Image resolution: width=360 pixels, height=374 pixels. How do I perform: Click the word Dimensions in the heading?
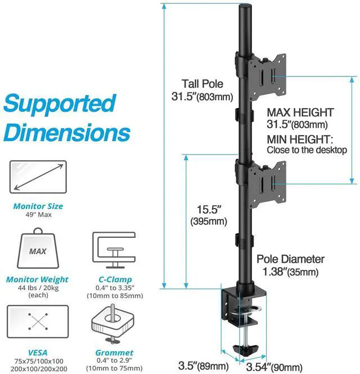pyautogui.click(x=67, y=134)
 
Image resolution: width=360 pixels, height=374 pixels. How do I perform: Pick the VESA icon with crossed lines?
pyautogui.click(x=38, y=321)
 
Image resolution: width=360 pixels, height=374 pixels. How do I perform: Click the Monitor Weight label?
pyautogui.click(x=37, y=280)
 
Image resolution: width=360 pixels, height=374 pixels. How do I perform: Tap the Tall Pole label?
pyautogui.click(x=202, y=84)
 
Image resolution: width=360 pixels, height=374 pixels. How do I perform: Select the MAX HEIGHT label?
pyautogui.click(x=300, y=112)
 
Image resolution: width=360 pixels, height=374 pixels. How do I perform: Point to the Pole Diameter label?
pyautogui.click(x=290, y=259)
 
